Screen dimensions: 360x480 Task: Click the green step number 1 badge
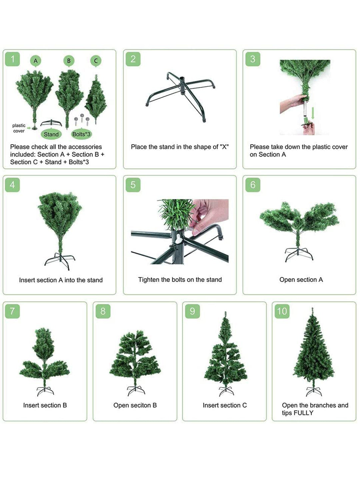[x=12, y=59]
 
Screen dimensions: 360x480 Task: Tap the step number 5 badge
[x=133, y=185]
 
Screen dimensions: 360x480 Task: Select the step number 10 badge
[x=282, y=311]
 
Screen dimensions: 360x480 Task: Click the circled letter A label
[x=36, y=61]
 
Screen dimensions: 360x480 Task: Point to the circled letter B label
[x=69, y=61]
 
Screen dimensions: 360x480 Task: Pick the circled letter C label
[x=96, y=61]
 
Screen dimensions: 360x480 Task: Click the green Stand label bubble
[x=51, y=134]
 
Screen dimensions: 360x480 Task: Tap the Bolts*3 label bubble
[x=81, y=134]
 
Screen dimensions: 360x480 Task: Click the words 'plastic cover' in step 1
[x=19, y=128]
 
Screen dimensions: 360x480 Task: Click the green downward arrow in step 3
[x=313, y=113]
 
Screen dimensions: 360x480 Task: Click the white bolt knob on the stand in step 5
[x=179, y=238]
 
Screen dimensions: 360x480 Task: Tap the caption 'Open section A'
[x=301, y=280]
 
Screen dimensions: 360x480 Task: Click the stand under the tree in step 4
[x=60, y=261]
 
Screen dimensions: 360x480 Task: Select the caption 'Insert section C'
[x=225, y=405]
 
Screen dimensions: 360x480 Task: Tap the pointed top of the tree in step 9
[x=225, y=312]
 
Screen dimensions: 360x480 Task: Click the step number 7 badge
[x=12, y=311]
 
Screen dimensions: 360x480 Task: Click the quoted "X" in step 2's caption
[x=224, y=147]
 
